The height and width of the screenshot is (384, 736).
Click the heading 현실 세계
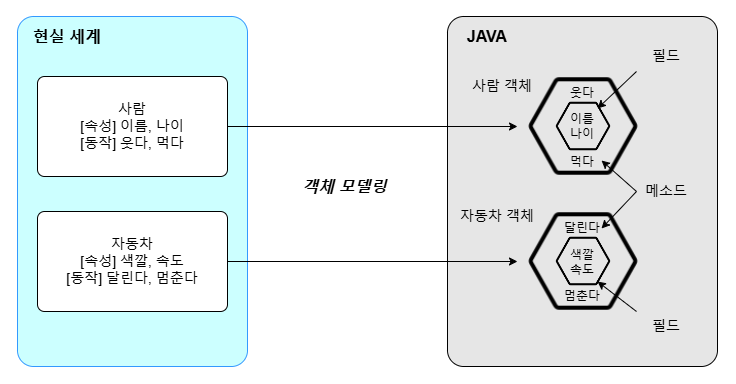click(x=67, y=37)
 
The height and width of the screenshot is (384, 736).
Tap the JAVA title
click(x=487, y=37)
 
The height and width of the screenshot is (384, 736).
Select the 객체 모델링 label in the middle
click(x=345, y=186)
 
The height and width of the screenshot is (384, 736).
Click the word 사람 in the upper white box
click(x=132, y=108)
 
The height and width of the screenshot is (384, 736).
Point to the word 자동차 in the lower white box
click(x=132, y=243)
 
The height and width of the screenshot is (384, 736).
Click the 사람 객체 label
click(x=502, y=85)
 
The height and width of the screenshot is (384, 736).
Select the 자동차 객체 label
click(x=497, y=215)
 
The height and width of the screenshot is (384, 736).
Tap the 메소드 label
click(x=666, y=190)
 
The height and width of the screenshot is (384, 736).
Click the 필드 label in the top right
click(x=666, y=55)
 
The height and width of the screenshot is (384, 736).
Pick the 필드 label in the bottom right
click(x=666, y=325)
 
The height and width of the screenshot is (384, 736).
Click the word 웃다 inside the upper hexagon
click(x=582, y=92)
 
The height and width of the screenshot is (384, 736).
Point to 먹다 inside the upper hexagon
click(x=582, y=161)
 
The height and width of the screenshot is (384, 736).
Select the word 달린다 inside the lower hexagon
click(x=582, y=227)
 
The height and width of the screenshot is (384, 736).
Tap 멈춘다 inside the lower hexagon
click(x=582, y=295)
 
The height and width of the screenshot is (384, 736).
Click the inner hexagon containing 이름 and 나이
click(x=557, y=126)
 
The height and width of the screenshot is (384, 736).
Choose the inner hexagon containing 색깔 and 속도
click(x=557, y=261)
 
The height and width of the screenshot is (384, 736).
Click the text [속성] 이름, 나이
click(x=132, y=125)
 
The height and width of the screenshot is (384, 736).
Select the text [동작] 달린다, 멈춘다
click(x=132, y=277)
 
